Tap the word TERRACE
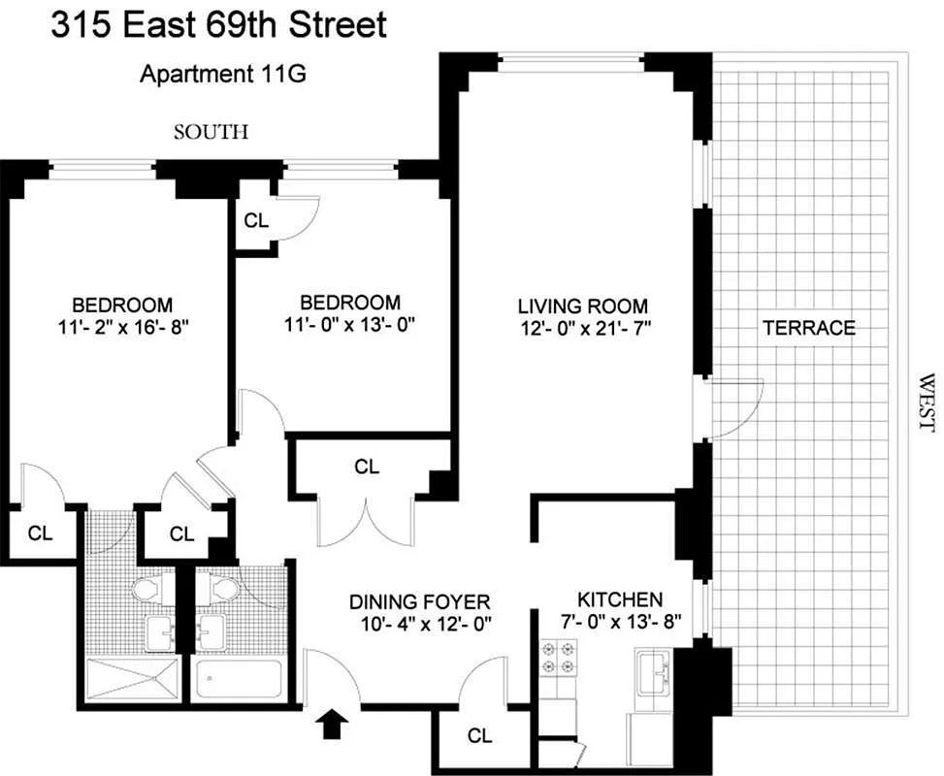809,328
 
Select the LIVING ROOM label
581,306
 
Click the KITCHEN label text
620,599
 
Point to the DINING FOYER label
420,602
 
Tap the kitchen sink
656,670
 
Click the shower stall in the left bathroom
133,680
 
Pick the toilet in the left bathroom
147,589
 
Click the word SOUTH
211,132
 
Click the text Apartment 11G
224,74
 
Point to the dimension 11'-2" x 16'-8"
121,327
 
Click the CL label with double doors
366,467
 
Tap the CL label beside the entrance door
479,735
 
